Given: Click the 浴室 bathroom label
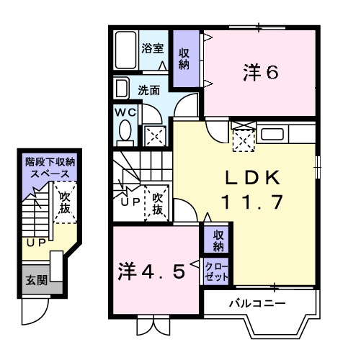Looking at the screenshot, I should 152,49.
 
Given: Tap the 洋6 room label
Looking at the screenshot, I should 260,73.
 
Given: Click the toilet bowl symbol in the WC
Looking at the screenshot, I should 125,132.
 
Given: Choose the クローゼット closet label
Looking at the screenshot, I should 217,272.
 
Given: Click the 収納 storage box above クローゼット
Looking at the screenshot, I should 217,240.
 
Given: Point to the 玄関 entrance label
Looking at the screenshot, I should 33,279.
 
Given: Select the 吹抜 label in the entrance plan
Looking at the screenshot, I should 65,202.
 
